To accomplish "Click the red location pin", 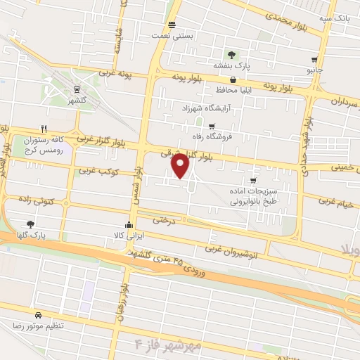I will pos(181,166).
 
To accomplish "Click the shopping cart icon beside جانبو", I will pos(314,60).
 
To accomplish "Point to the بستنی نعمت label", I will pos(194,34).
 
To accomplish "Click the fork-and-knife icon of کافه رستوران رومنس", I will pos(44,129).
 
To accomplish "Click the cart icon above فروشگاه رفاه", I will pos(212,126).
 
